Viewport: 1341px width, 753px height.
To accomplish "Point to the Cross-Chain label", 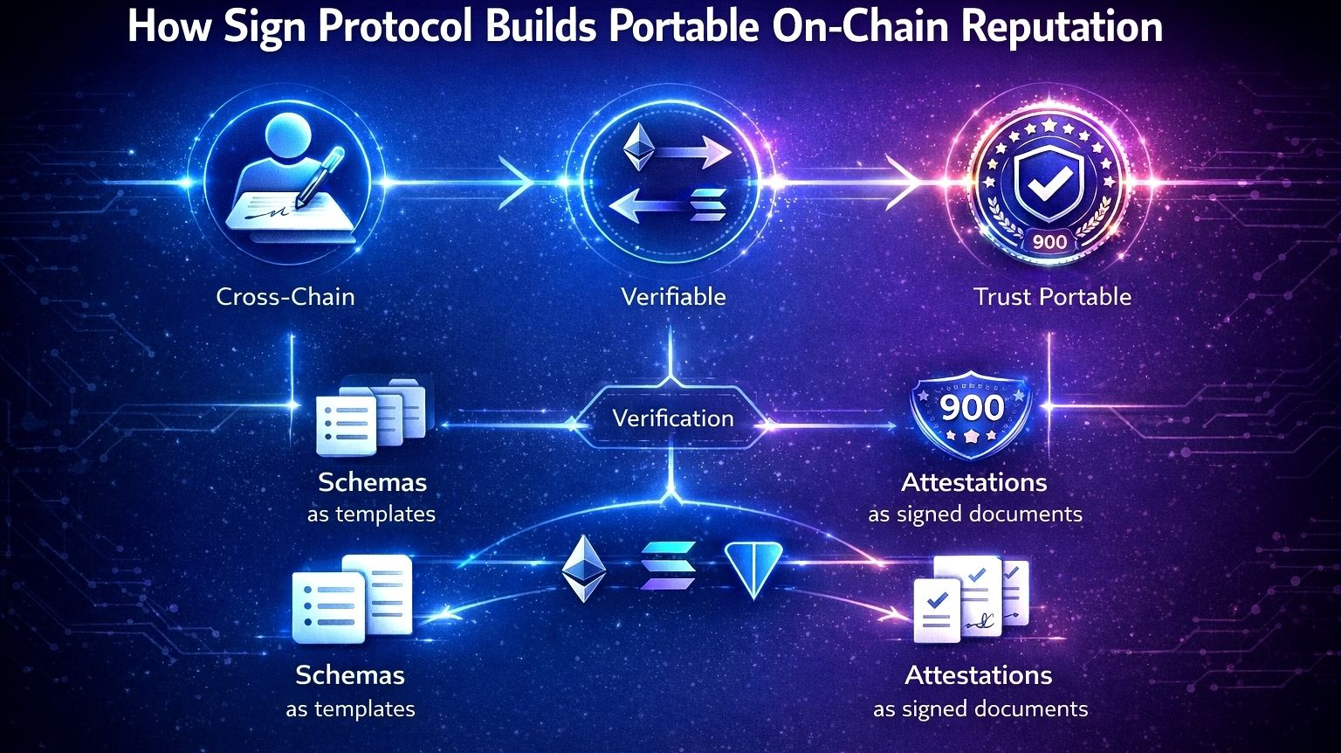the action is pyautogui.click(x=285, y=297).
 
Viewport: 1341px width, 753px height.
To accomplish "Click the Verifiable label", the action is pyautogui.click(x=673, y=297).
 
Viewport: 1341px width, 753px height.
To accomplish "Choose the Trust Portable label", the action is pyautogui.click(x=1052, y=297).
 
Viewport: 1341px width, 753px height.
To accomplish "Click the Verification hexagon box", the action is pyautogui.click(x=673, y=418).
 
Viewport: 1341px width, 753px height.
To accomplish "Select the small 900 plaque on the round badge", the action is pyautogui.click(x=1049, y=241).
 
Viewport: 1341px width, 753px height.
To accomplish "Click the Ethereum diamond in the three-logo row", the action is pyautogui.click(x=583, y=569).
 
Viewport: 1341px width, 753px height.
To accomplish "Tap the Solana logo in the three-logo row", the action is pyautogui.click(x=667, y=567).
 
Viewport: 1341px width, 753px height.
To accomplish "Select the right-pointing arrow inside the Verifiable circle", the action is pyautogui.click(x=694, y=155).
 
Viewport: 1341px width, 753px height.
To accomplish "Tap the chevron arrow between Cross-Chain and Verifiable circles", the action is pyautogui.click(x=516, y=183).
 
